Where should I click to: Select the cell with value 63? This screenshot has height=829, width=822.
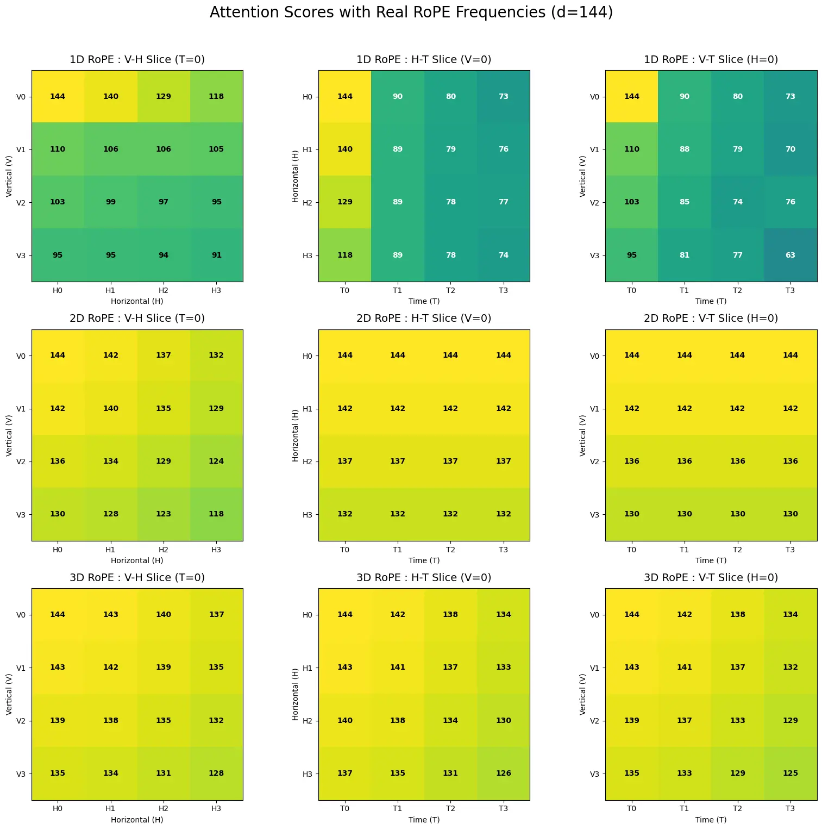(790, 255)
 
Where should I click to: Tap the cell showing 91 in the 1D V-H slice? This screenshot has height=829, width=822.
(216, 255)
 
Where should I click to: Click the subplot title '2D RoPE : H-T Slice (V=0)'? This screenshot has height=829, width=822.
(424, 319)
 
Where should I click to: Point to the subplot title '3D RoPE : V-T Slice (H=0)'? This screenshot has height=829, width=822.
(711, 578)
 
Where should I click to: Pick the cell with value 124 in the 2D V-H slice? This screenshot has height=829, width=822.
(216, 462)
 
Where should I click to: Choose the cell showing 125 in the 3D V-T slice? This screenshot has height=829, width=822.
(790, 774)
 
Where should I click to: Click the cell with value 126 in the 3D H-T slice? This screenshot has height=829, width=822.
(504, 774)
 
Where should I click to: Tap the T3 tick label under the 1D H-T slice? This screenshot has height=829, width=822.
(504, 291)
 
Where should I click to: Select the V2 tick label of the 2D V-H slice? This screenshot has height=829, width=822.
(21, 462)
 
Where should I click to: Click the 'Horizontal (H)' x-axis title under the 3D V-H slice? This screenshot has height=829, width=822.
(137, 820)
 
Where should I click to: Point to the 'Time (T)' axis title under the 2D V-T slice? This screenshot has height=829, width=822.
(711, 560)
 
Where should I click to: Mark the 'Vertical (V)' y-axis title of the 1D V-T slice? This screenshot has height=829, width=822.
(583, 176)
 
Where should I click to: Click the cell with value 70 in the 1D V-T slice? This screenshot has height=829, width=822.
(790, 149)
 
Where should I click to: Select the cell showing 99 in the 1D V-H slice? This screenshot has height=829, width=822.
(111, 202)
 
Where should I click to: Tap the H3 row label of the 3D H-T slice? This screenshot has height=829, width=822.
(308, 774)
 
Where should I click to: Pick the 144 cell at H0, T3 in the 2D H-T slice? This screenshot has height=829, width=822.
(504, 356)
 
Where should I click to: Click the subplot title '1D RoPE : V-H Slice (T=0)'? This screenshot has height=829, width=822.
(137, 60)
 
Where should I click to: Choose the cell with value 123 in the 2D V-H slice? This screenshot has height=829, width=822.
(164, 514)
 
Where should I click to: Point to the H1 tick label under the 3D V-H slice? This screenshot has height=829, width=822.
(110, 809)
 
